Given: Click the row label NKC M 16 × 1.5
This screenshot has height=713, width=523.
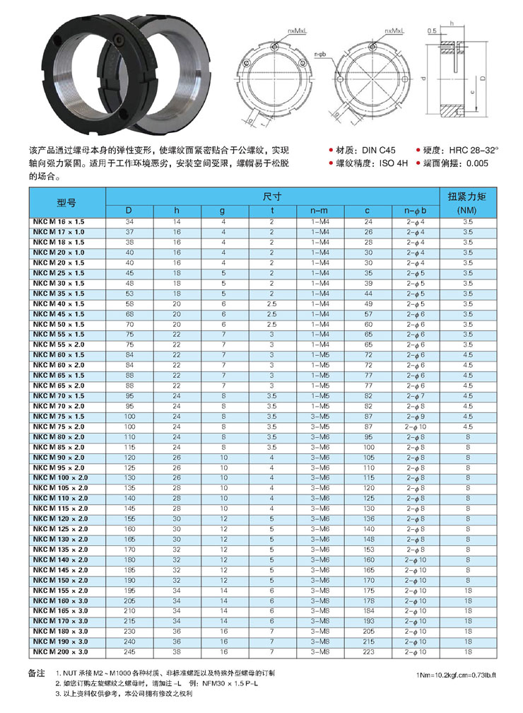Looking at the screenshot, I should pyautogui.click(x=59, y=222).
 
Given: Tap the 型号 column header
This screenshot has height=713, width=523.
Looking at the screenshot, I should pyautogui.click(x=66, y=202).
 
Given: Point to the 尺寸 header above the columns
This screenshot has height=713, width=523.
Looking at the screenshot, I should pyautogui.click(x=272, y=195).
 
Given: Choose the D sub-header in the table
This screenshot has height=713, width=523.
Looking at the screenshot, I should pyautogui.click(x=129, y=211).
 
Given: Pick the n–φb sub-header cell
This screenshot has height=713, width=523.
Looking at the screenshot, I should pyautogui.click(x=415, y=211).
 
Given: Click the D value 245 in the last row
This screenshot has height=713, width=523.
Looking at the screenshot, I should pyautogui.click(x=129, y=651).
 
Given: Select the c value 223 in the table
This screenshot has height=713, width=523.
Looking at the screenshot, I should pyautogui.click(x=368, y=651).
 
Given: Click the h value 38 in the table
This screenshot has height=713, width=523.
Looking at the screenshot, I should pyautogui.click(x=177, y=651).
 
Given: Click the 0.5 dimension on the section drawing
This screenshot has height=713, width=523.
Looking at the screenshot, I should pyautogui.click(x=431, y=31).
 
